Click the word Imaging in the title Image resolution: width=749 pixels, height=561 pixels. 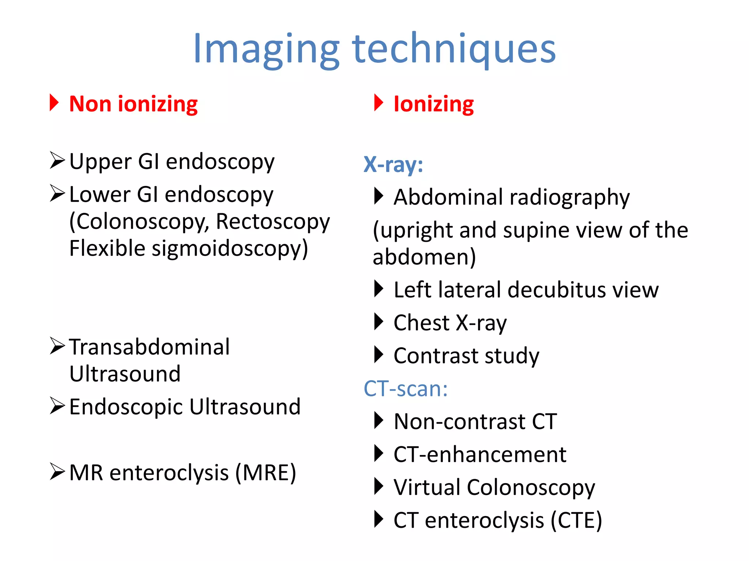(x=266, y=49)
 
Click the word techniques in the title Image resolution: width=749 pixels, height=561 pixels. (x=454, y=49)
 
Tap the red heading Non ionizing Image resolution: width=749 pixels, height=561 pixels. (x=133, y=104)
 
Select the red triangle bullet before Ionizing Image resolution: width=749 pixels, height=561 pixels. (x=379, y=103)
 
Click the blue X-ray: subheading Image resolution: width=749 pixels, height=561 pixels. (x=393, y=164)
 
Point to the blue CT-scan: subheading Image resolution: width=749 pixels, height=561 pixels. (x=406, y=388)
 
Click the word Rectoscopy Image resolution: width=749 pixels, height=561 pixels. (x=273, y=222)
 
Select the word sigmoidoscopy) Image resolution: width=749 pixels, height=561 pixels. (x=230, y=249)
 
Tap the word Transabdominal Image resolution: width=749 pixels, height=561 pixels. (x=150, y=347)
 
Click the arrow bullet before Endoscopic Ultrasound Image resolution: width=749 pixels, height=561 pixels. (x=57, y=406)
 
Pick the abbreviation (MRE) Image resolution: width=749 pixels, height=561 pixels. (x=266, y=473)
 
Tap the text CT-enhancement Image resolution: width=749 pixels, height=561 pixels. (x=480, y=454)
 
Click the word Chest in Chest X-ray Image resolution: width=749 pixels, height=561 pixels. (x=421, y=323)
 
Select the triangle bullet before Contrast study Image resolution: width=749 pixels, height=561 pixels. (x=379, y=355)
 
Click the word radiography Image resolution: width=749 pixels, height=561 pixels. (x=569, y=198)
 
